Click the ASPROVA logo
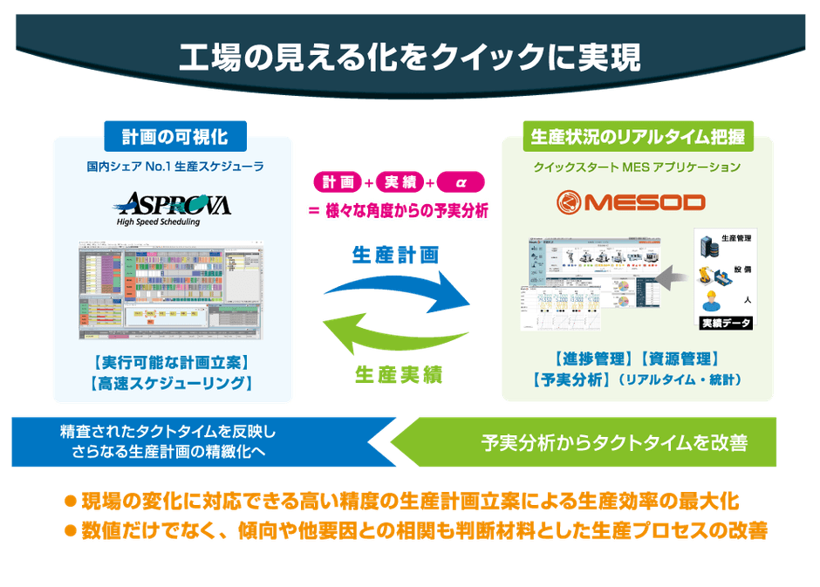171,206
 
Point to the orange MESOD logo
631,201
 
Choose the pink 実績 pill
398,182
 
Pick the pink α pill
459,182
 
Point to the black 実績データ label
726,324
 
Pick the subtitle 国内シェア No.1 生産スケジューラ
174,165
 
